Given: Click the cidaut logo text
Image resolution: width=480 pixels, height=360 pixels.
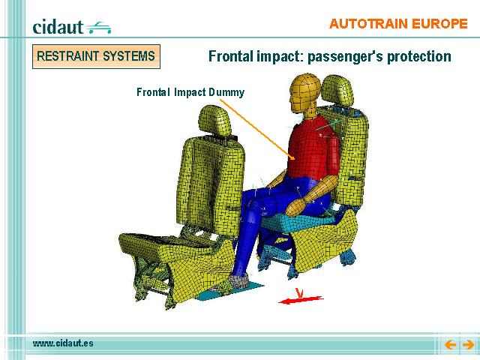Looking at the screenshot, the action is tap(58, 27).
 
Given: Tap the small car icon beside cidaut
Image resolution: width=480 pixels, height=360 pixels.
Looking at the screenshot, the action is tap(99, 28).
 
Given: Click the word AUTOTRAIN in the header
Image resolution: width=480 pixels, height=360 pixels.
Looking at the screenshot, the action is tap(368, 23).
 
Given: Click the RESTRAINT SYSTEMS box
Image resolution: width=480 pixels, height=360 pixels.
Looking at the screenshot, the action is tap(96, 56).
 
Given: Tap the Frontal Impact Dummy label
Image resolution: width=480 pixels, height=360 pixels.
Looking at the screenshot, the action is tap(190, 91).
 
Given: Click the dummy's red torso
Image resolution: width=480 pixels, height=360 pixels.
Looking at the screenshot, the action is tap(312, 148).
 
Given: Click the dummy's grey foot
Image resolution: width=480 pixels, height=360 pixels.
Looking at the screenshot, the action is tap(239, 281).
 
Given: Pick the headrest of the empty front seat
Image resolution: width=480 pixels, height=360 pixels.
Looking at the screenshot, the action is tap(214, 120).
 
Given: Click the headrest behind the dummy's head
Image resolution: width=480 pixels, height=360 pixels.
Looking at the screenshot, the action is tap(337, 91).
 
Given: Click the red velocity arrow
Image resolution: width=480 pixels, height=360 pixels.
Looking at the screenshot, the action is tap(301, 300).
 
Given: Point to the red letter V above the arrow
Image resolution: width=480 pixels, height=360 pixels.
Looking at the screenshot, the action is tap(299, 292).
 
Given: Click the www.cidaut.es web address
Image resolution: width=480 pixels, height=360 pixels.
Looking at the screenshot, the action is tap(63, 343).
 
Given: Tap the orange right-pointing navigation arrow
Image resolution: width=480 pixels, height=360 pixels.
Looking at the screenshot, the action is tap(468, 345).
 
